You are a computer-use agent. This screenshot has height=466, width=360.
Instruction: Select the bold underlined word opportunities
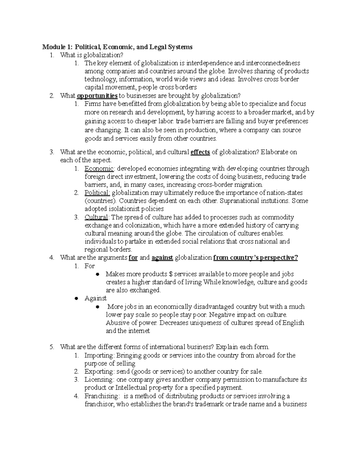(97, 96)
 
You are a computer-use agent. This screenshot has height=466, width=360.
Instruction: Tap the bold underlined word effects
(200, 152)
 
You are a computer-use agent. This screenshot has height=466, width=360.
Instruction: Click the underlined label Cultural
(96, 217)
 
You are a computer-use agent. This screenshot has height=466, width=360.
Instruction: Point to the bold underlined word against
(162, 258)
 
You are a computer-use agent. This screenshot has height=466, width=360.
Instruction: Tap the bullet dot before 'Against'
(76, 299)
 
